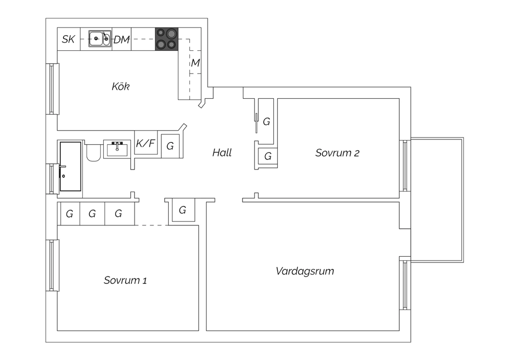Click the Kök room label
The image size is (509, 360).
121,87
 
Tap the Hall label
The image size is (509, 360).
222,152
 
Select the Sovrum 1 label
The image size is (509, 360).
125,280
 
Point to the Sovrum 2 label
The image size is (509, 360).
337,153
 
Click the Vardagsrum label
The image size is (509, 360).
305,271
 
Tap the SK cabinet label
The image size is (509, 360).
68,39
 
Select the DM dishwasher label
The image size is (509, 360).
121,40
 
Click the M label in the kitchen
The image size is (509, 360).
195,63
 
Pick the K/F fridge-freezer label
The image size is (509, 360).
146,143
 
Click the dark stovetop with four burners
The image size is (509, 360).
167,39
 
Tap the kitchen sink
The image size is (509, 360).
100,39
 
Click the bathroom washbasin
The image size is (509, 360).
117,149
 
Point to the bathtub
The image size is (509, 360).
71,166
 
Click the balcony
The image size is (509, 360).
437,200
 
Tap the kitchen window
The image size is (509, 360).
52,89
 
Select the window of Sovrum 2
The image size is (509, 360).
405,166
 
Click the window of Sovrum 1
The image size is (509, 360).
52,265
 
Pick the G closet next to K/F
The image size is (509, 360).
170,146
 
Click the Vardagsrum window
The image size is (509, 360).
405,283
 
